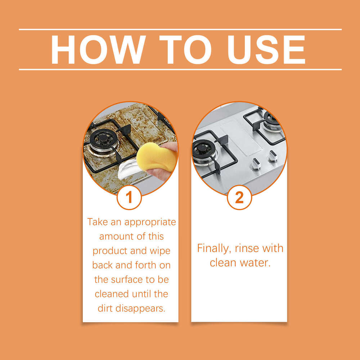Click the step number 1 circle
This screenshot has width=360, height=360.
[129, 197]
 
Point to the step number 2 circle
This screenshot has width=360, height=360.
[239, 197]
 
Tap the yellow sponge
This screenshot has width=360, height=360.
[157, 157]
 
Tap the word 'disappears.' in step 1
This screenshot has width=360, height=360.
[140, 309]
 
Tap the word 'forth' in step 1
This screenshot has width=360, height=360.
[145, 265]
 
